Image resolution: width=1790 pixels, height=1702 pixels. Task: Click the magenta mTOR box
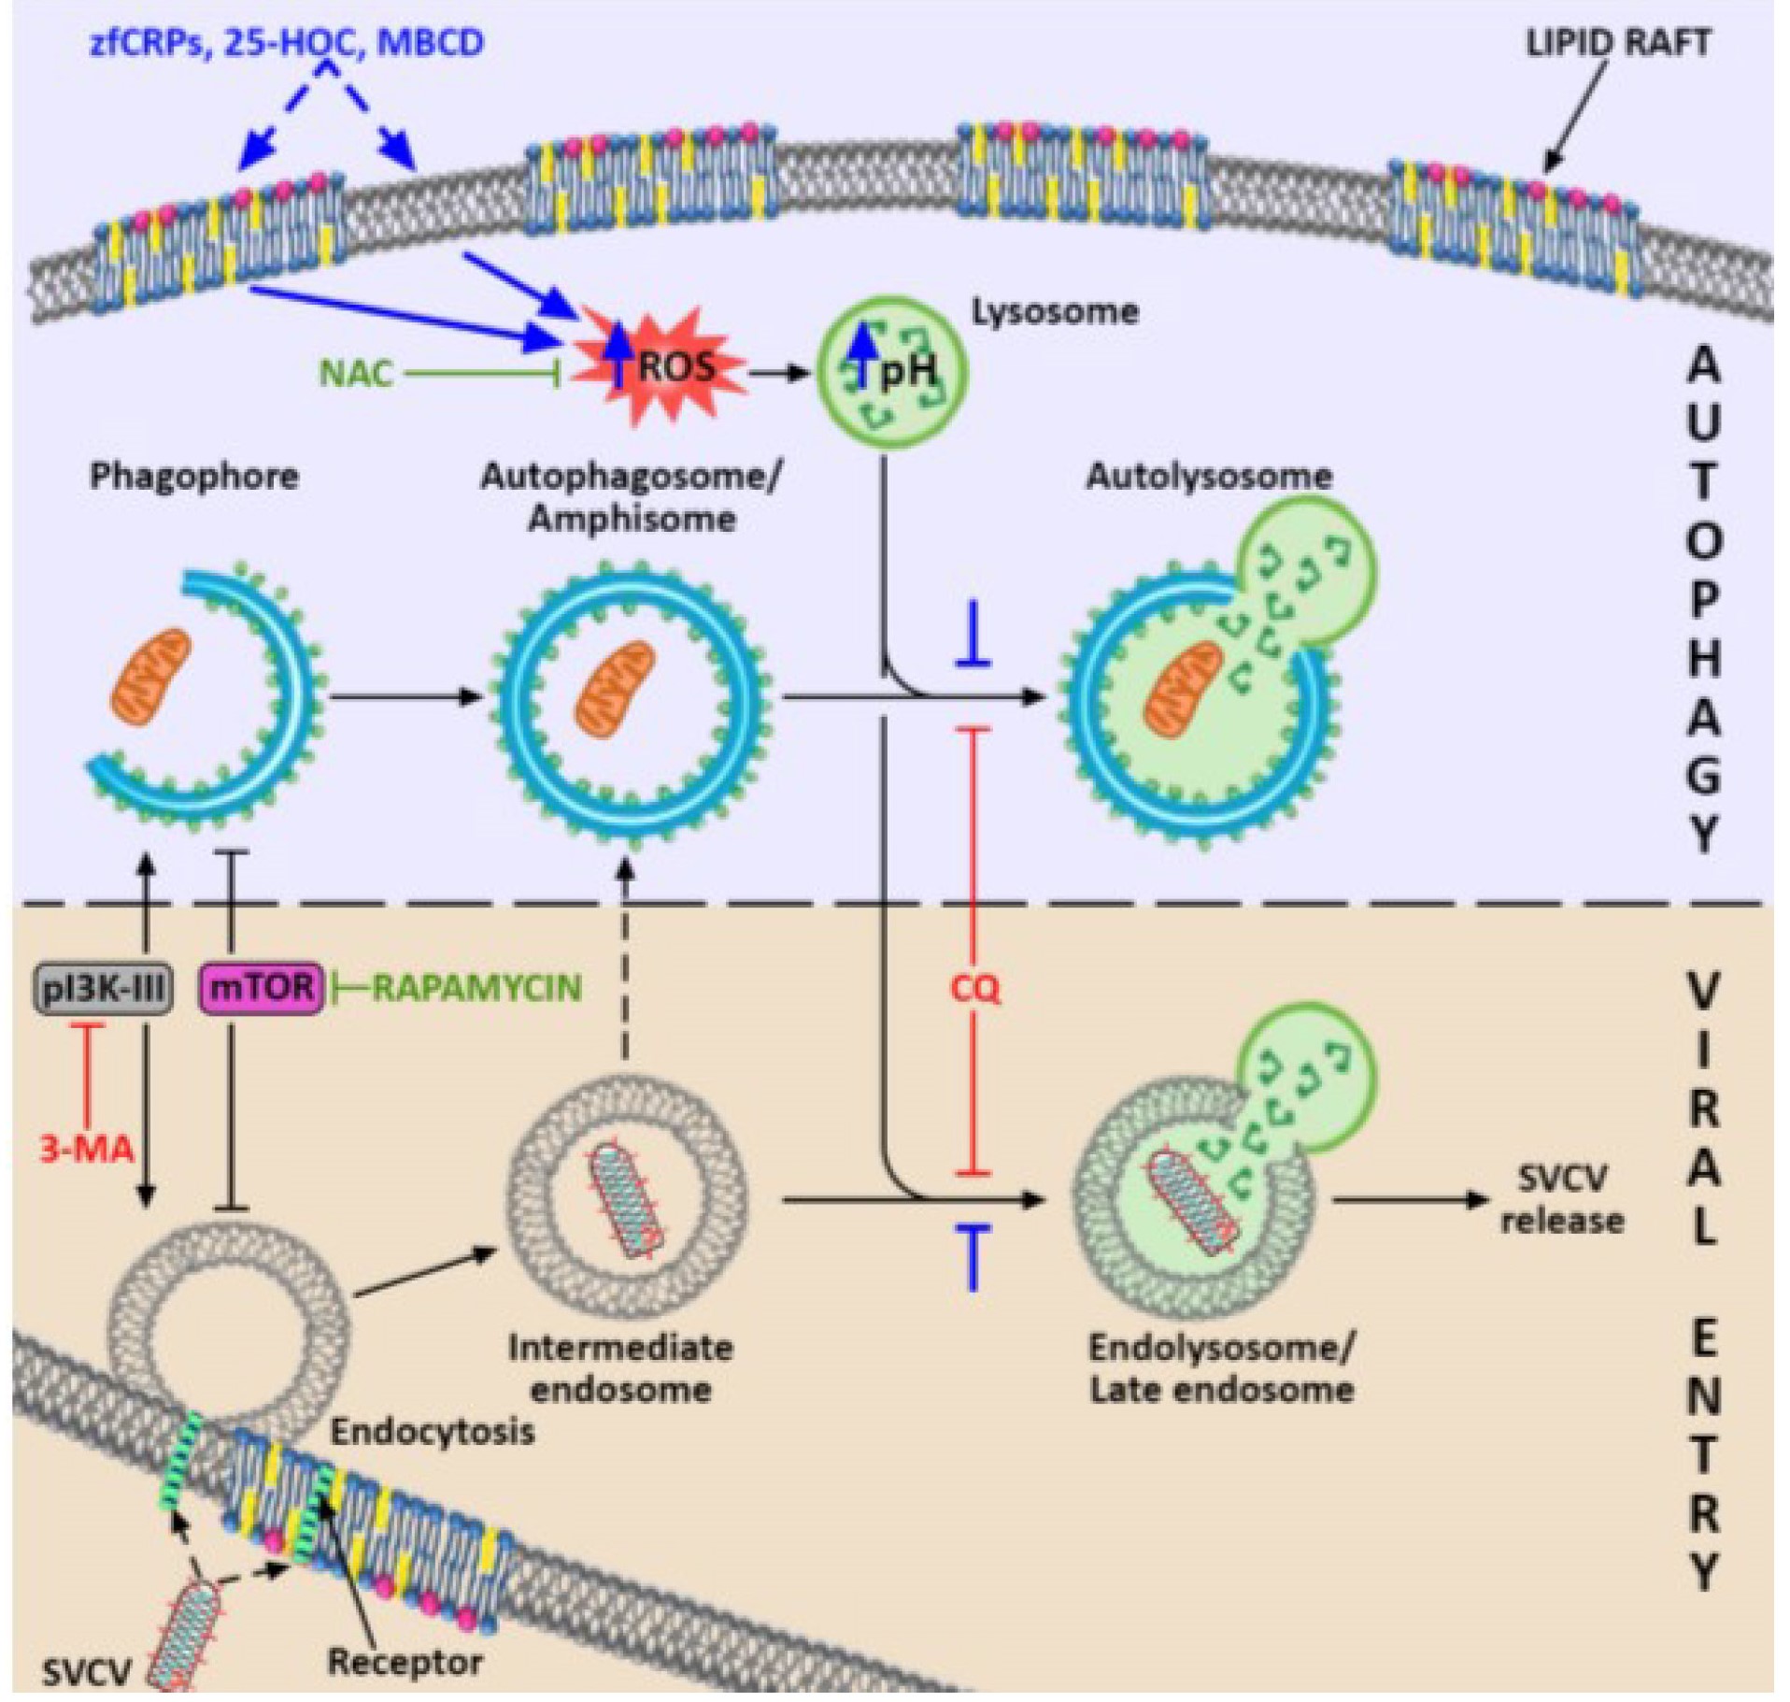coord(263,989)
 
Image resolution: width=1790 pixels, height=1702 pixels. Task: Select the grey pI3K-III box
coord(103,989)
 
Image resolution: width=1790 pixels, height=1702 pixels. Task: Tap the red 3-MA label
coord(87,1148)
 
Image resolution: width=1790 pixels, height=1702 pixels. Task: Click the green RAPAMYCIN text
coord(476,988)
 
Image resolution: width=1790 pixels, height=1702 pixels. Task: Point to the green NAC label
coord(356,374)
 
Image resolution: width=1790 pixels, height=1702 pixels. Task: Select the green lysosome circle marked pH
coord(892,372)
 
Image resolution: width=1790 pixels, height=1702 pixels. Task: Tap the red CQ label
coord(974,988)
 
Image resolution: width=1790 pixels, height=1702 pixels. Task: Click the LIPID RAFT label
coord(1617,43)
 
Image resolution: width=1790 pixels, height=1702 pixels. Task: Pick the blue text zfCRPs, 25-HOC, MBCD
coord(287,43)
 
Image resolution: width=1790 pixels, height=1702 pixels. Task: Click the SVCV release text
coord(1561,1199)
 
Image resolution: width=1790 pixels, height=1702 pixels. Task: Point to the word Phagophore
coord(194,477)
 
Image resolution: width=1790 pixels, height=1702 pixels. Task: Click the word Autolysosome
coord(1208,477)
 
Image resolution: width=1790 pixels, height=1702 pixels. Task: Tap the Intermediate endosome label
coord(620,1368)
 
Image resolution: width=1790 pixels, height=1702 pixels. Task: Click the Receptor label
coord(405,1662)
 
